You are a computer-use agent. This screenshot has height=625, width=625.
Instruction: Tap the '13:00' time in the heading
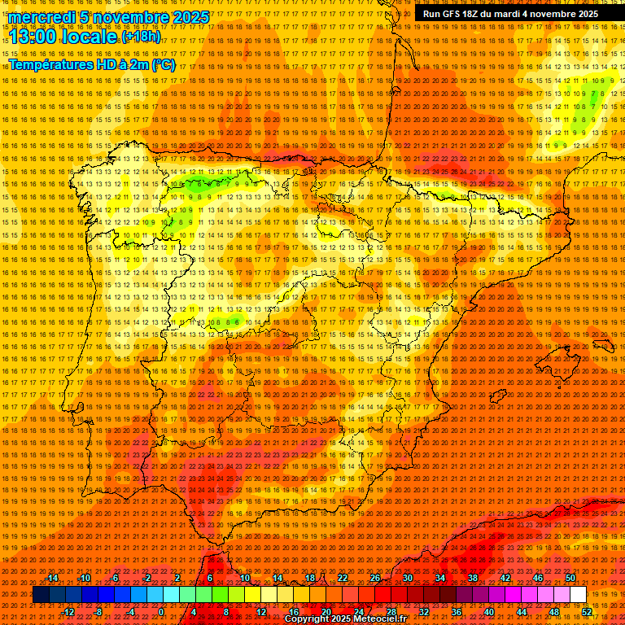32,37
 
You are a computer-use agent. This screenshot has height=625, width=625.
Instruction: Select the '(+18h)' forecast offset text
141,36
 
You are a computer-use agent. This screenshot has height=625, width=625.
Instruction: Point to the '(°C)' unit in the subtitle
161,64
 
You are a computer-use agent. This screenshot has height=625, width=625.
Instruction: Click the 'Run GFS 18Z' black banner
510,14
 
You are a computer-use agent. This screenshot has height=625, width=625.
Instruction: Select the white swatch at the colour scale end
578,595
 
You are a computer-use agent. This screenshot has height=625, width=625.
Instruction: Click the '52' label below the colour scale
587,612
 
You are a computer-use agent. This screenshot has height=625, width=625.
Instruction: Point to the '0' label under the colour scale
161,612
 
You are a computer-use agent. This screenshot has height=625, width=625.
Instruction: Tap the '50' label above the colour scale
570,578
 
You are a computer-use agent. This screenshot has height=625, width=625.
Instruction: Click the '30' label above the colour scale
407,578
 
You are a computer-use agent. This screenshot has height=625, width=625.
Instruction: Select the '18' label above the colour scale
309,578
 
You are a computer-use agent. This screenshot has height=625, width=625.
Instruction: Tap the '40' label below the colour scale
489,612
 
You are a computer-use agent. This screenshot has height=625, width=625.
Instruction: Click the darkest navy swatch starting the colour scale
40,595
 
